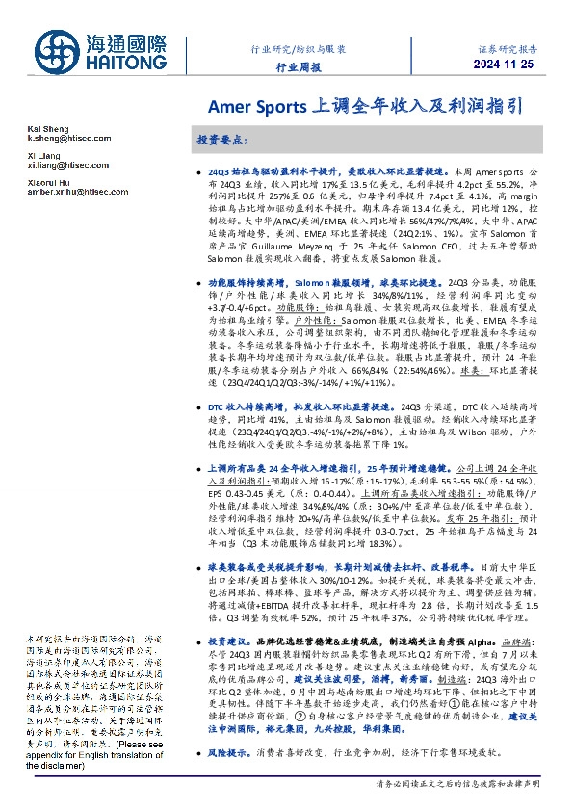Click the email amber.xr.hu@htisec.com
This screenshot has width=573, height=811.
click(x=65, y=191)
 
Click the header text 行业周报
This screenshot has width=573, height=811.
click(x=299, y=68)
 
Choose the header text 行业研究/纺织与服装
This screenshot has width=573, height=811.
click(x=299, y=48)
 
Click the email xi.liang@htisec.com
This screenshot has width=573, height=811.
click(x=56, y=165)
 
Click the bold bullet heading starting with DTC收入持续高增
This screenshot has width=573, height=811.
click(x=289, y=407)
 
